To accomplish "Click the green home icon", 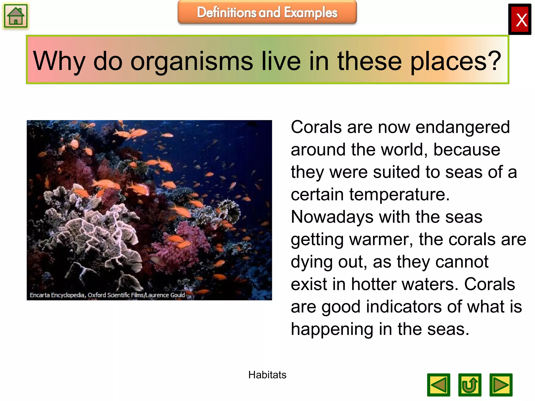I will point(16,16).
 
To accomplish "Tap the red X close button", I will point(520,20).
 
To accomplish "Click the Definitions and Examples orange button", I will point(267,12).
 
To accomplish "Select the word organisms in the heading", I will point(191,62).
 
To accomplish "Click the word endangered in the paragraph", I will point(462,127).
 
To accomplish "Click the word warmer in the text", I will point(381,240).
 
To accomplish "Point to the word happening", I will point(332,329).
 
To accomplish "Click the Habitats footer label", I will point(267,375).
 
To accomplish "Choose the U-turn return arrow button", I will point(470,385).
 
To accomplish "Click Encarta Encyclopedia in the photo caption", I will point(57,295).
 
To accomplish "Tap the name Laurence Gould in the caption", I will point(165,295).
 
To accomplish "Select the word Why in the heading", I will point(59,62).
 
